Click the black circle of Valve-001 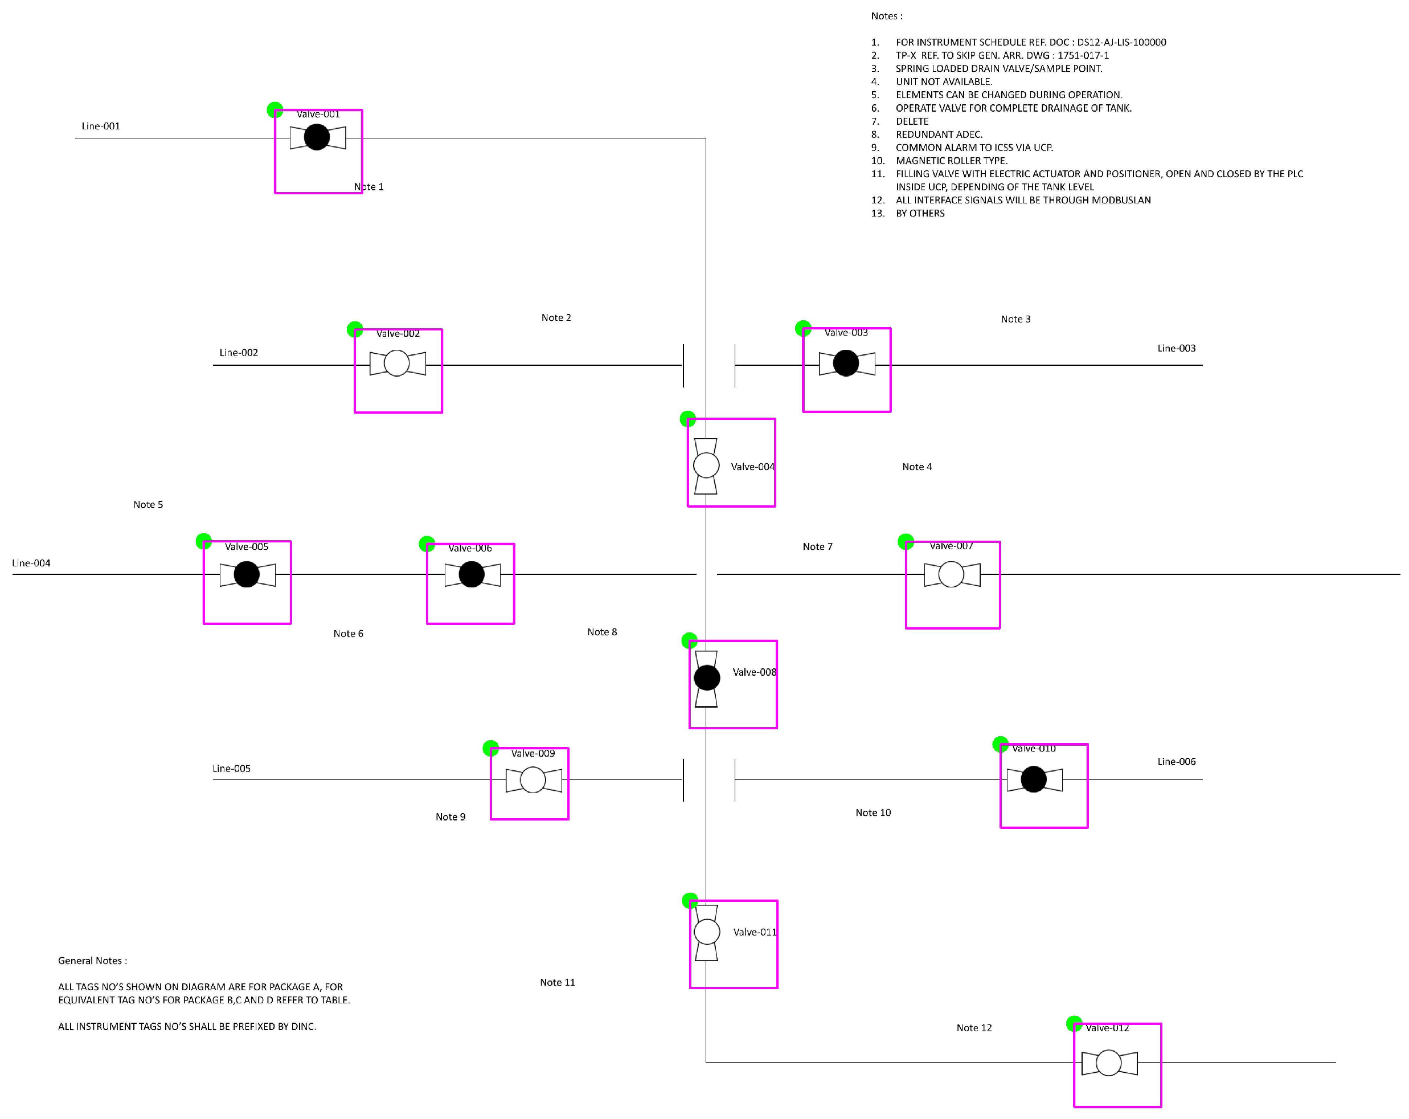coord(317,137)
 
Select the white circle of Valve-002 coord(397,363)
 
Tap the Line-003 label coord(1175,348)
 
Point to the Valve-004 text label coord(752,467)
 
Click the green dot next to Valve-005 coord(204,541)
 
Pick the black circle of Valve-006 coord(471,574)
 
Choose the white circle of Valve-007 coord(951,574)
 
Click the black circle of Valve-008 coord(706,678)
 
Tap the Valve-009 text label coord(533,754)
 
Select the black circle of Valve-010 coord(1033,779)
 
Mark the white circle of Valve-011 coord(706,932)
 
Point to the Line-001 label coord(101,126)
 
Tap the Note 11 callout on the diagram coord(557,982)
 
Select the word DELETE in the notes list coord(912,121)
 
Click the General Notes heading coord(92,961)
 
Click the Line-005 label coord(231,769)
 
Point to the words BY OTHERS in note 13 coord(920,214)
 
